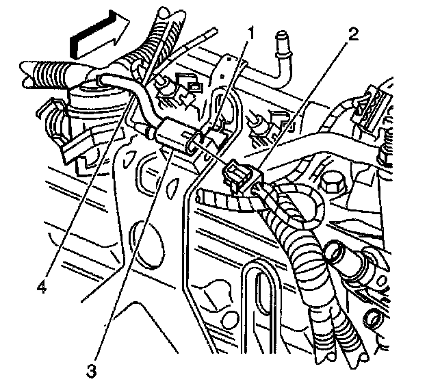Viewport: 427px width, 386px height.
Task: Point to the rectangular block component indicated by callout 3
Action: click(178, 133)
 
